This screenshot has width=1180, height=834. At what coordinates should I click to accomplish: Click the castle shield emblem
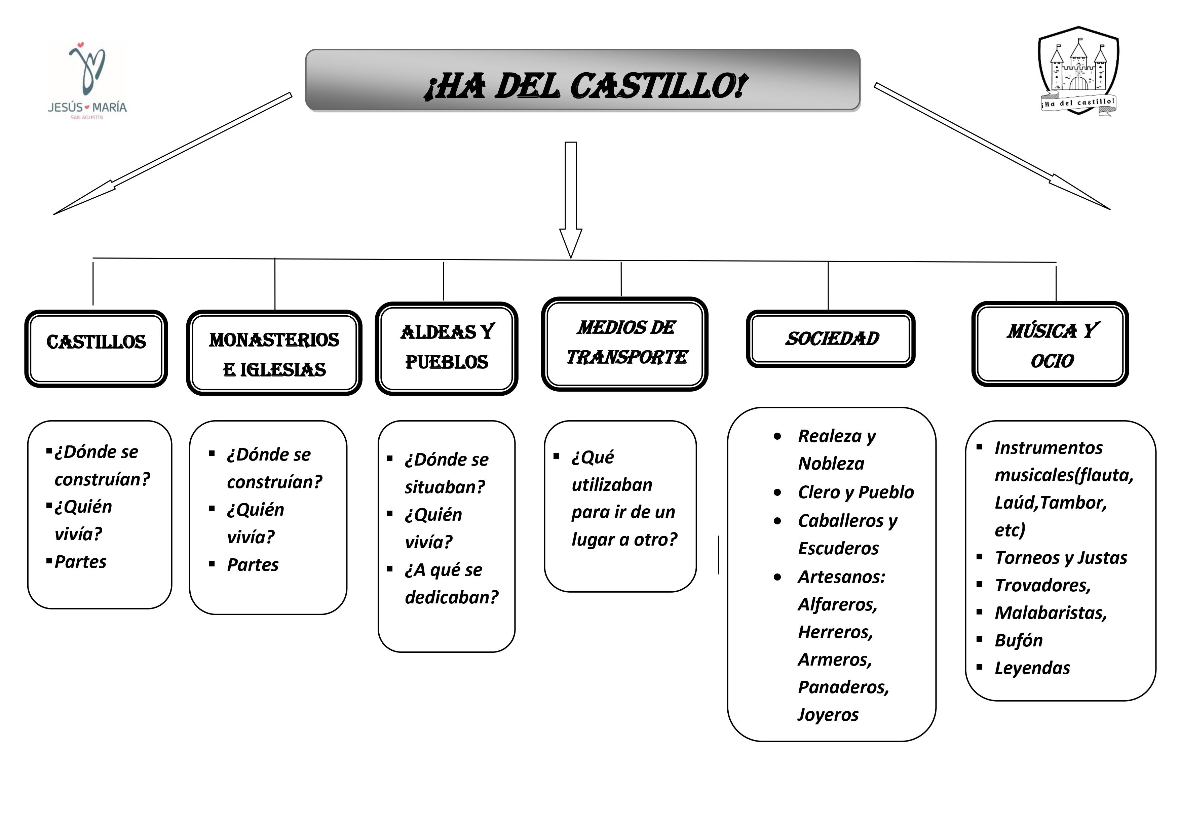(x=1078, y=72)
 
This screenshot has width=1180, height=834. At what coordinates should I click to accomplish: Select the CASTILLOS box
(x=96, y=348)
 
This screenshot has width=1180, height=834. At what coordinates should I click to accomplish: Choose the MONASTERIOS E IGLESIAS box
(x=274, y=354)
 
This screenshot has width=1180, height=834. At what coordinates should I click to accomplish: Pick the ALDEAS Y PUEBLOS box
(x=447, y=348)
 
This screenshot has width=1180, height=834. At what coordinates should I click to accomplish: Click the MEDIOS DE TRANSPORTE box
(x=624, y=343)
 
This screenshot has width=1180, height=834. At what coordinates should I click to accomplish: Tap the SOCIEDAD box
(x=831, y=339)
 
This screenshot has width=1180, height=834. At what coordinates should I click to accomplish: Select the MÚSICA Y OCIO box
(x=1050, y=344)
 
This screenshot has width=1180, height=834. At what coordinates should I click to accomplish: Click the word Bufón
(x=1018, y=640)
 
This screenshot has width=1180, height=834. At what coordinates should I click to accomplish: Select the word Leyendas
(x=1032, y=668)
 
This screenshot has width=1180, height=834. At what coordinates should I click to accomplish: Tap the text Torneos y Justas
(x=1061, y=558)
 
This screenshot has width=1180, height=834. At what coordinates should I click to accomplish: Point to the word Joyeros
(x=828, y=715)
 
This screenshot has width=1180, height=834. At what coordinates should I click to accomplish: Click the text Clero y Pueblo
(x=856, y=492)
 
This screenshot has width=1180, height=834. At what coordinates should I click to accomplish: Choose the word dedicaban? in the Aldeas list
(x=451, y=597)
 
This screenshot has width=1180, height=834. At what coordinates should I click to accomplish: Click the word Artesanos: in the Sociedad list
(x=841, y=577)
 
